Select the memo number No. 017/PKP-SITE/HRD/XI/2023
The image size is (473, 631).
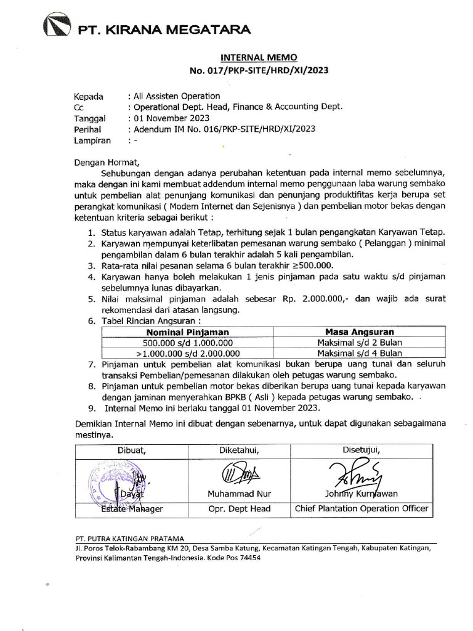259,70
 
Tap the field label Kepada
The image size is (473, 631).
89,96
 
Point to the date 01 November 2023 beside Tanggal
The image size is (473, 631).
172,118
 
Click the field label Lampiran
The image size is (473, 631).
92,140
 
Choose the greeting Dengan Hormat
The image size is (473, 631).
108,163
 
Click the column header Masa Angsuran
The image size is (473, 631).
360,332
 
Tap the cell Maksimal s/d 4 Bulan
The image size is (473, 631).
360,354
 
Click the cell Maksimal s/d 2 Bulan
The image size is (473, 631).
360,343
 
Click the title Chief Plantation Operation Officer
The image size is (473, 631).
362,509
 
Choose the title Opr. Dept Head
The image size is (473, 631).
240,509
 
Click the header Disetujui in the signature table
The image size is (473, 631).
361,450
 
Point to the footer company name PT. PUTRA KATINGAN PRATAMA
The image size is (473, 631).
129,537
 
